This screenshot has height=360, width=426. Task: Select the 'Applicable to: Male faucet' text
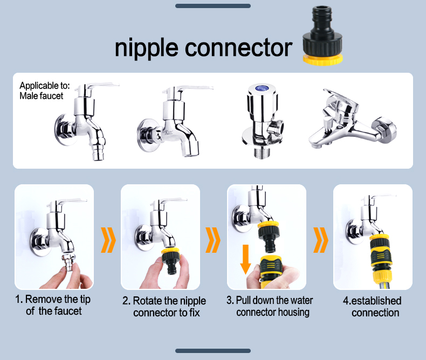pos(42,91)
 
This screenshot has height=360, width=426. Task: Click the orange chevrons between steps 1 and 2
pos(108,240)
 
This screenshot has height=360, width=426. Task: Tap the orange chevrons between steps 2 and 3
pos(214,240)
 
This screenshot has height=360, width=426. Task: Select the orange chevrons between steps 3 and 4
pos(320,240)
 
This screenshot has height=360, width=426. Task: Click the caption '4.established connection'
pos(373,307)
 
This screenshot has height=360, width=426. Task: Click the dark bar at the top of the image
pos(213,6)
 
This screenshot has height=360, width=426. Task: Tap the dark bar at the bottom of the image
pos(213,351)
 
